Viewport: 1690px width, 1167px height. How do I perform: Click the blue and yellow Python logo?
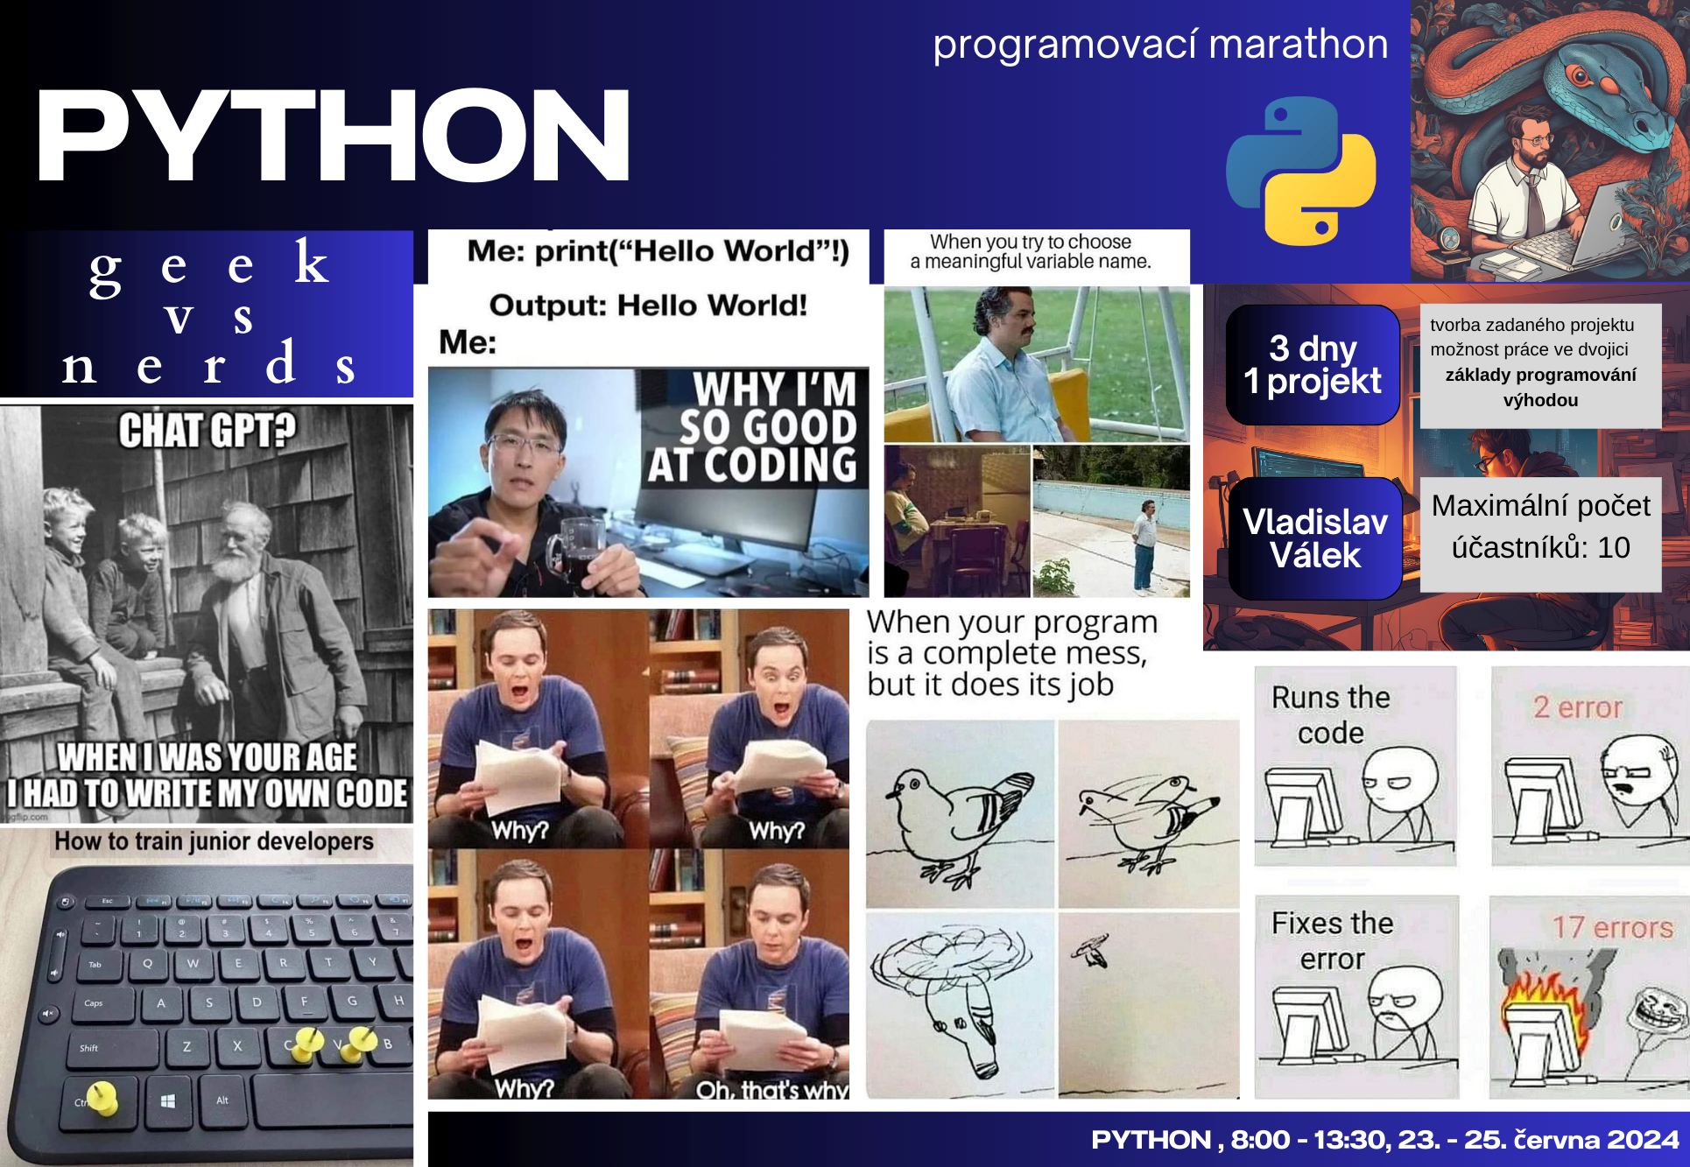click(1301, 171)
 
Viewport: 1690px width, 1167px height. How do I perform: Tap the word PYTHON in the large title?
click(333, 136)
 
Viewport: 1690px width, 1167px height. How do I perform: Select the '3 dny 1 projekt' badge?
click(1313, 365)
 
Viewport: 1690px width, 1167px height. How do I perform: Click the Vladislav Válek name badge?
click(1315, 538)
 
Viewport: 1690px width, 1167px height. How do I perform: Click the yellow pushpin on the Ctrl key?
click(102, 1098)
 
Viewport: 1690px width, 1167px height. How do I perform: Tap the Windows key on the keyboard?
click(168, 1100)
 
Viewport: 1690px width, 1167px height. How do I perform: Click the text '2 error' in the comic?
click(1578, 707)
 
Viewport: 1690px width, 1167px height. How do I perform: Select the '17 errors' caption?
click(1612, 927)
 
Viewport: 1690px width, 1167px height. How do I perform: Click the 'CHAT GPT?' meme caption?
click(208, 431)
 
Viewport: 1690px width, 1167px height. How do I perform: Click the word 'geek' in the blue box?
click(209, 264)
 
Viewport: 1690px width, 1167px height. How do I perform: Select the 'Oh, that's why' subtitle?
click(771, 1090)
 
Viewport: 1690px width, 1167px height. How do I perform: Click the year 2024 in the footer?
click(1643, 1139)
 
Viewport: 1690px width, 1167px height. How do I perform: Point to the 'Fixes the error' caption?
click(1332, 940)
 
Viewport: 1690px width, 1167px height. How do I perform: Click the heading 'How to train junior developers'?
click(214, 841)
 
